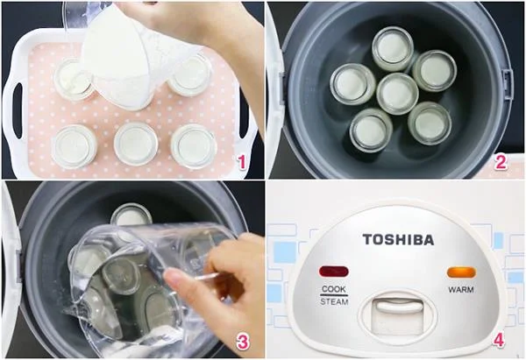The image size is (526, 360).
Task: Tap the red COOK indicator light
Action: pyautogui.click(x=334, y=272)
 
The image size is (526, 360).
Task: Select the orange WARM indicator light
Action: pyautogui.click(x=461, y=272)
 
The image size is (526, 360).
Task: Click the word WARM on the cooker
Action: pyautogui.click(x=461, y=289)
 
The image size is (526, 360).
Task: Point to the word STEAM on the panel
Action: pyautogui.click(x=334, y=301)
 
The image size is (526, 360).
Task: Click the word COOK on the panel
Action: pyautogui.click(x=334, y=289)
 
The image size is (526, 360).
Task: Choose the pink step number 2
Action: pyautogui.click(x=501, y=160)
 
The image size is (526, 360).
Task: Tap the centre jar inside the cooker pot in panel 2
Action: pyautogui.click(x=397, y=93)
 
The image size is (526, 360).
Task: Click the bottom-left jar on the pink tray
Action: pyautogui.click(x=74, y=145)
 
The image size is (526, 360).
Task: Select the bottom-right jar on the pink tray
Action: pyautogui.click(x=193, y=145)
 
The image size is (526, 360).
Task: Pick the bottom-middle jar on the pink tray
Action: pyautogui.click(x=135, y=143)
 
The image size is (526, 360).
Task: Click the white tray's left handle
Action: pyautogui.click(x=14, y=101)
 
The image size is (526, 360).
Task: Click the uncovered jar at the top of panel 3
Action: pyautogui.click(x=131, y=215)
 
